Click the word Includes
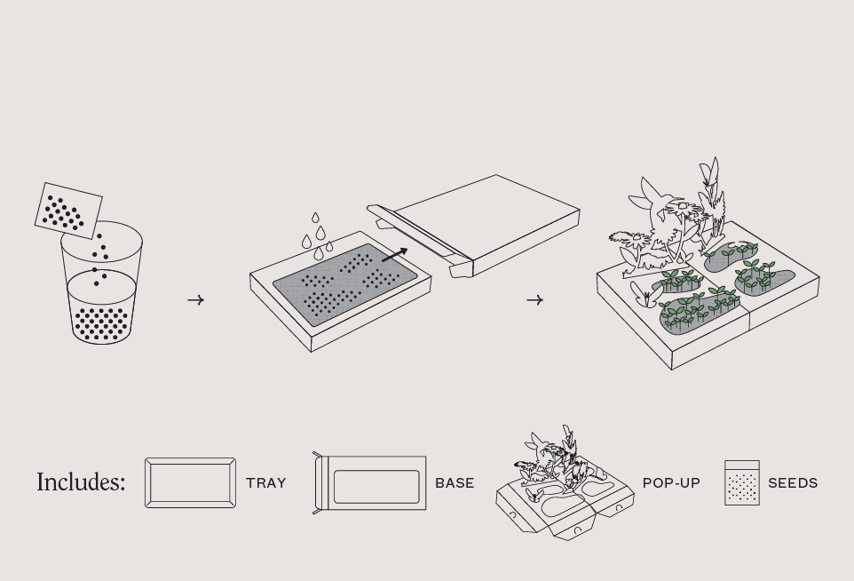pyautogui.click(x=81, y=482)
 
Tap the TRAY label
pyautogui.click(x=266, y=483)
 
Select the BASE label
pyautogui.click(x=455, y=483)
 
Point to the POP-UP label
pyautogui.click(x=671, y=483)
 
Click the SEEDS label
pyautogui.click(x=793, y=483)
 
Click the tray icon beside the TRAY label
pyautogui.click(x=190, y=483)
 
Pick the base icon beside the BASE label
pyautogui.click(x=370, y=483)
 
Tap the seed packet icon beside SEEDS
pyautogui.click(x=742, y=483)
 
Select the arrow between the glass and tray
pyautogui.click(x=196, y=300)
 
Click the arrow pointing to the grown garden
pyautogui.click(x=534, y=300)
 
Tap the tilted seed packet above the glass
pyautogui.click(x=67, y=211)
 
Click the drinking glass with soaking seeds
pyautogui.click(x=102, y=284)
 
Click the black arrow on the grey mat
pyautogui.click(x=395, y=255)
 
